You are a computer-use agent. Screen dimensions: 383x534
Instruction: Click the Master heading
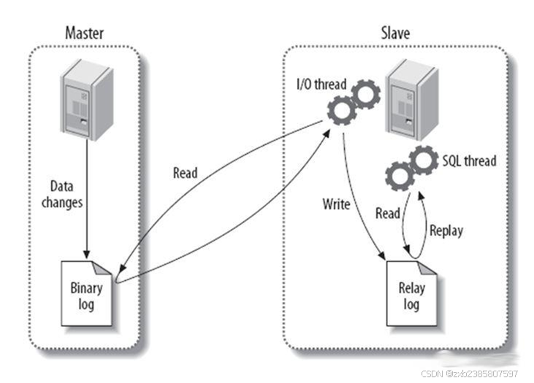coord(85,33)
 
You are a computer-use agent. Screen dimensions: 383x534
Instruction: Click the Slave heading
coord(395,33)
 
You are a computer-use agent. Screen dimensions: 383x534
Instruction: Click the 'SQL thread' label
coord(469,160)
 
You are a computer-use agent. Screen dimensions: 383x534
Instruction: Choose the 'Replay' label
coord(446,231)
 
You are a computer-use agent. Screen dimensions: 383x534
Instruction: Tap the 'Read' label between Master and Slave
coord(185,174)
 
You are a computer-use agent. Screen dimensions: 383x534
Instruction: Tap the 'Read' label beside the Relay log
coord(387,214)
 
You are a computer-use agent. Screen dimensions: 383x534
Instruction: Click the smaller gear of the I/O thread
coord(365,94)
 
